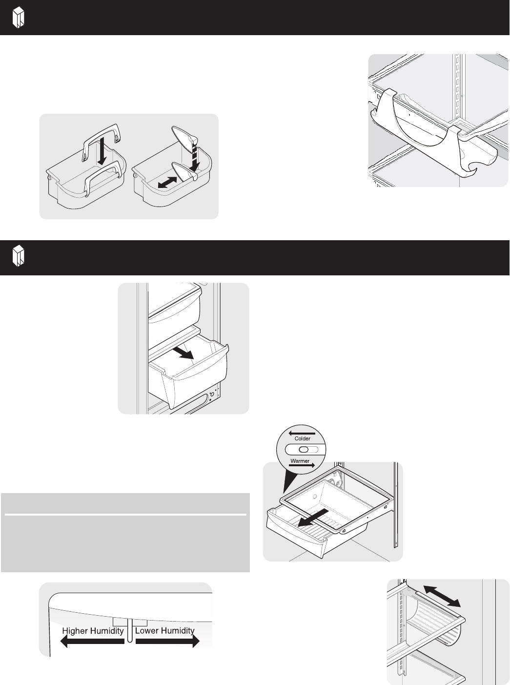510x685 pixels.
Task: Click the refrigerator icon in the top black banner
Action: [19, 18]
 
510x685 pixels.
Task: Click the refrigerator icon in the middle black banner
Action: [19, 256]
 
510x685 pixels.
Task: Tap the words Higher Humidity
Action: [93, 631]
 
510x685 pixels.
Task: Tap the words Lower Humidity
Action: [165, 631]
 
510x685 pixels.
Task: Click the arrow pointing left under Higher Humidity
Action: [92, 642]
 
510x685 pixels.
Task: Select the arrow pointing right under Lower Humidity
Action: [167, 642]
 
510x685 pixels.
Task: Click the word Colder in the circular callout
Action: [302, 438]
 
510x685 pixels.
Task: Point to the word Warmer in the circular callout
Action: [300, 461]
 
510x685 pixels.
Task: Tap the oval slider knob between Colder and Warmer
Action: [304, 449]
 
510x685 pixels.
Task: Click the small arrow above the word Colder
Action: [302, 433]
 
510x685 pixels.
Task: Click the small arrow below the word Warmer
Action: [302, 465]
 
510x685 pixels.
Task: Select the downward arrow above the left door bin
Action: [102, 152]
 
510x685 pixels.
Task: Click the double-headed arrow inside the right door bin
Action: [167, 183]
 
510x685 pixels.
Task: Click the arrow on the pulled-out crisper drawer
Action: [184, 353]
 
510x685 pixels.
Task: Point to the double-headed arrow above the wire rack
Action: [442, 596]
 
